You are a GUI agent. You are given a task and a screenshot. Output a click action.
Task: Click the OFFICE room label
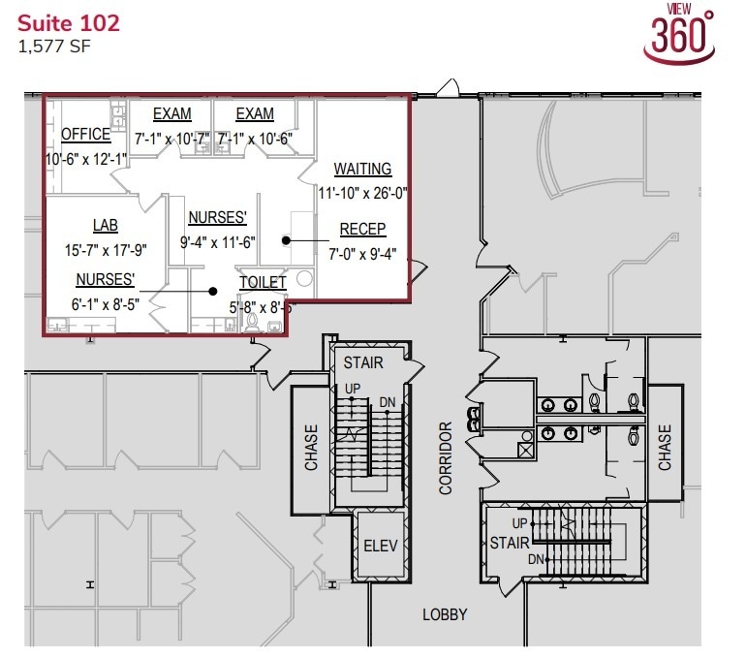click(x=87, y=134)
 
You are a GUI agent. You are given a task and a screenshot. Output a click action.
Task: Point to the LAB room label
click(x=105, y=226)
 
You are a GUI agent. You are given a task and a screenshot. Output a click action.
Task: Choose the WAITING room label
click(x=362, y=169)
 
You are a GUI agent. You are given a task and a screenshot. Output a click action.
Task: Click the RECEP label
click(x=362, y=230)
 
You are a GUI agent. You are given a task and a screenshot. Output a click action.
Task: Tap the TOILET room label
click(x=263, y=283)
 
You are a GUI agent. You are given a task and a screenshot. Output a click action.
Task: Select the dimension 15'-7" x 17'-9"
click(x=105, y=249)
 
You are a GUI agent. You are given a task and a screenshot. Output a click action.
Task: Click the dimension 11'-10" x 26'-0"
click(x=362, y=193)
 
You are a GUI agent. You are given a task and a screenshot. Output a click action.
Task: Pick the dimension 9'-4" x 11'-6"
click(x=218, y=241)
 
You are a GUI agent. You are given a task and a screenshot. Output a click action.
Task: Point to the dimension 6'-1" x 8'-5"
click(x=106, y=303)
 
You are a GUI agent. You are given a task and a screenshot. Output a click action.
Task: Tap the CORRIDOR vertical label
click(x=446, y=457)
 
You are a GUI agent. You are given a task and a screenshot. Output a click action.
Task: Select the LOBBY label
click(x=445, y=614)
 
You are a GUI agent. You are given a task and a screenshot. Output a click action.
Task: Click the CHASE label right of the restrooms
click(x=665, y=447)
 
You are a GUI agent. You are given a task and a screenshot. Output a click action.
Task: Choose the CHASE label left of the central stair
click(x=311, y=447)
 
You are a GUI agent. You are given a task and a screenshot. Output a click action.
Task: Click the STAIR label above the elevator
click(x=363, y=363)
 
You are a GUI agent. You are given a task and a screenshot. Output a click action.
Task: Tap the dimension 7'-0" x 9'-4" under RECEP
click(x=362, y=254)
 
